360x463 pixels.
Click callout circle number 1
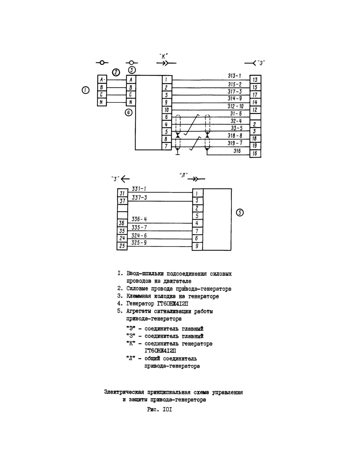point(86,90)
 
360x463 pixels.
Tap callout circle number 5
point(240,213)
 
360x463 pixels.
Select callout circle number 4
point(129,112)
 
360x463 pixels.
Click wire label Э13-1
point(234,76)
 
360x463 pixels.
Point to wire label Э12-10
point(235,106)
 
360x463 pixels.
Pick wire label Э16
point(237,151)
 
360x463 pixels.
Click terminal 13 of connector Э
point(255,80)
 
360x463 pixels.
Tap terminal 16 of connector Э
point(255,153)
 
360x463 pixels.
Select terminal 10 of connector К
point(166,110)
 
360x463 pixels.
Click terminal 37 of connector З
point(122,201)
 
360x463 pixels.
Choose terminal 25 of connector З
point(122,246)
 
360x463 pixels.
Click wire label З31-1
point(139,189)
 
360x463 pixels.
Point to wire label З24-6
point(139,235)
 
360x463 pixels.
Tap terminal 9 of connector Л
point(197,246)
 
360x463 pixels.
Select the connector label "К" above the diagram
point(164,56)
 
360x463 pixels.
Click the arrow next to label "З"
point(125,179)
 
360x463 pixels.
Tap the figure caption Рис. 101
point(159,410)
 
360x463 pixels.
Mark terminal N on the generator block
point(131,102)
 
